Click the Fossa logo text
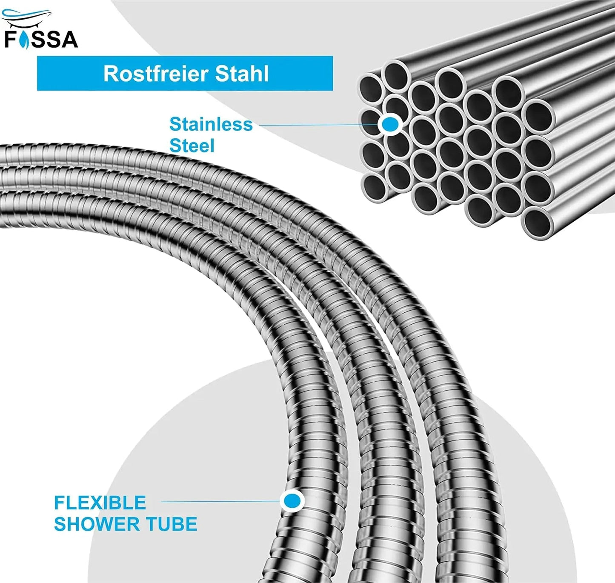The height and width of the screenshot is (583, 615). pos(41,39)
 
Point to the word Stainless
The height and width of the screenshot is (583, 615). pos(211,124)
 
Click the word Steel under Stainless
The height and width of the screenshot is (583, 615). pos(192,146)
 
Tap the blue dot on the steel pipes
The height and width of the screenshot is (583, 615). pos(390,124)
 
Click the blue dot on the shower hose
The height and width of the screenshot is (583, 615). pos(292,501)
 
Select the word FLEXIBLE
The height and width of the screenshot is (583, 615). pos(100,503)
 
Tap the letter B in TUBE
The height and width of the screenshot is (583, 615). pos(179,524)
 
